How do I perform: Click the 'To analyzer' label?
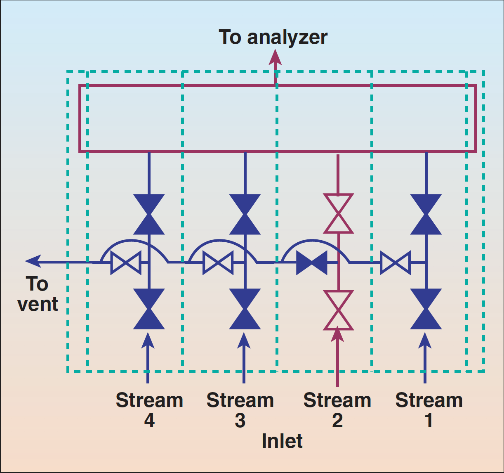(273, 37)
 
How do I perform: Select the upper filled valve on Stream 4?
(149, 215)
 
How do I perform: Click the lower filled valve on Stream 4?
(149, 309)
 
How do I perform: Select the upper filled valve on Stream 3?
(245, 215)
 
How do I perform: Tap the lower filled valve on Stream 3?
(245, 309)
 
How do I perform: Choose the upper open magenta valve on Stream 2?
(338, 214)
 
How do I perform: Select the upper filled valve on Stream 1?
(426, 215)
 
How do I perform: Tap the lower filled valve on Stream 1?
(426, 309)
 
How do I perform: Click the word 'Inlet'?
(282, 441)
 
